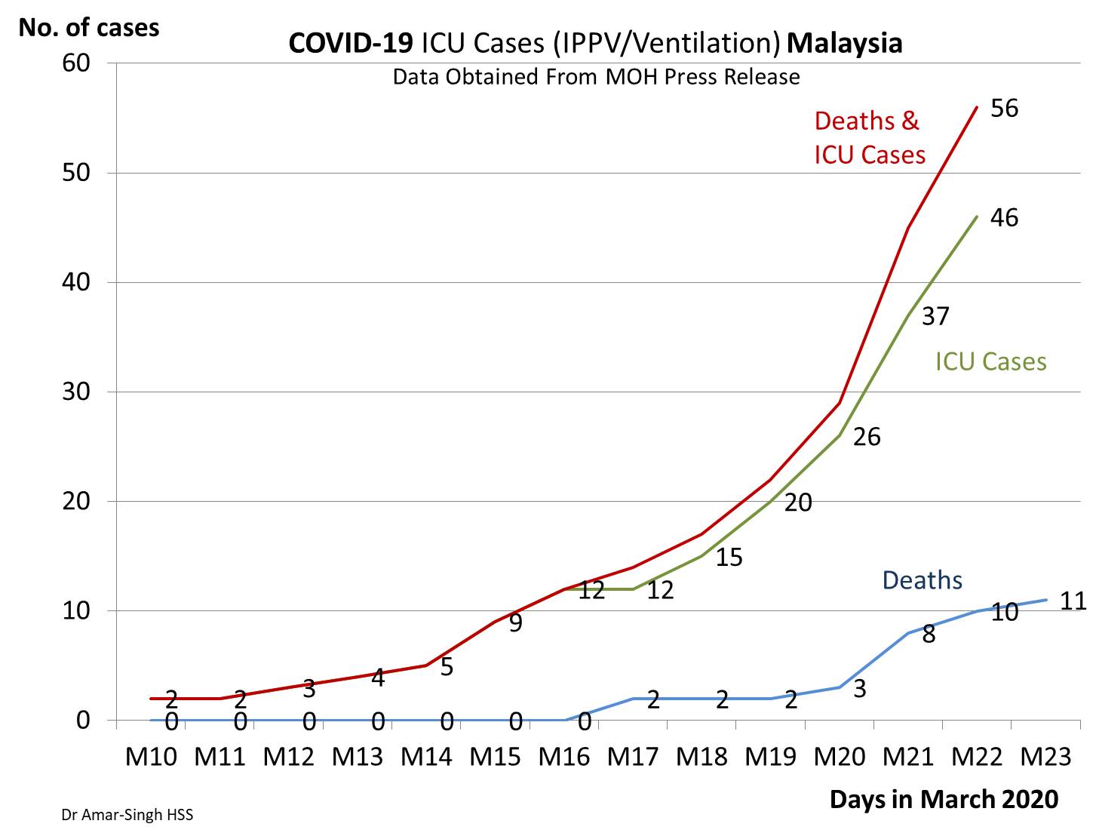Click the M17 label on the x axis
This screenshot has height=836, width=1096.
pyautogui.click(x=633, y=755)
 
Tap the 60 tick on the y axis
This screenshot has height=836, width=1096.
pyautogui.click(x=76, y=63)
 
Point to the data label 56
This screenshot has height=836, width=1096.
pyautogui.click(x=1004, y=108)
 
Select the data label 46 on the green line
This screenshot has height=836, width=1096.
pyautogui.click(x=1004, y=218)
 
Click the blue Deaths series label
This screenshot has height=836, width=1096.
pyautogui.click(x=922, y=580)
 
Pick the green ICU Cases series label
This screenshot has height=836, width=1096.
pyautogui.click(x=990, y=361)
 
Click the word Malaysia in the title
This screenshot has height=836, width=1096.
pyautogui.click(x=844, y=43)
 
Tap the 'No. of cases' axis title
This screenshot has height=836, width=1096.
pyautogui.click(x=89, y=28)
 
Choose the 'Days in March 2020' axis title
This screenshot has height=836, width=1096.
pyautogui.click(x=944, y=799)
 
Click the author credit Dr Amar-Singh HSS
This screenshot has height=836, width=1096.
pyautogui.click(x=127, y=816)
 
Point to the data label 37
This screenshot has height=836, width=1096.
pyautogui.click(x=935, y=316)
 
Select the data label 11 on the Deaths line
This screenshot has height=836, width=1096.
pyautogui.click(x=1073, y=601)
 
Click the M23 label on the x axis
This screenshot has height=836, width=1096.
pyautogui.click(x=1045, y=755)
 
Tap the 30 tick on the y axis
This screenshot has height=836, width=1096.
pyautogui.click(x=76, y=392)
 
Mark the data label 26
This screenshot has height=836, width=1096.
pyautogui.click(x=867, y=437)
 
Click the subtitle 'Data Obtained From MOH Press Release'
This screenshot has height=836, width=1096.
pyautogui.click(x=596, y=77)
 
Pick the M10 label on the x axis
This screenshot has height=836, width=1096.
pyautogui.click(x=151, y=755)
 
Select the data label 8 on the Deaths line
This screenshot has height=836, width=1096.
pyautogui.click(x=929, y=635)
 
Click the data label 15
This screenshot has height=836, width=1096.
pyautogui.click(x=729, y=558)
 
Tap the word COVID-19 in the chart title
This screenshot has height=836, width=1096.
pyautogui.click(x=351, y=43)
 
